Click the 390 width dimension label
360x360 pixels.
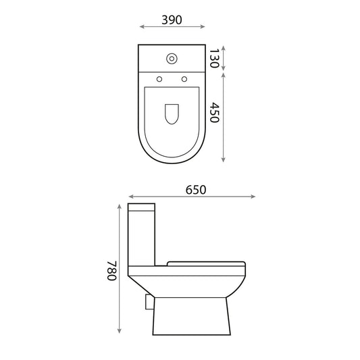pyautogui.click(x=172, y=20)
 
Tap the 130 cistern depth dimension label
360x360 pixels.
pyautogui.click(x=214, y=58)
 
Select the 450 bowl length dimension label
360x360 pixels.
pyautogui.click(x=215, y=113)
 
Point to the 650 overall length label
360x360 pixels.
pyautogui.click(x=196, y=190)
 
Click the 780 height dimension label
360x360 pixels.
pyautogui.click(x=112, y=271)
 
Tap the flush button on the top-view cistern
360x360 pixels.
pyautogui.click(x=172, y=59)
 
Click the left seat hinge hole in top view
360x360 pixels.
pyautogui.click(x=159, y=79)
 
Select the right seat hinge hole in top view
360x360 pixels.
pyautogui.click(x=184, y=79)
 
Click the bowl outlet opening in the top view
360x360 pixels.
pyautogui.click(x=172, y=114)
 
